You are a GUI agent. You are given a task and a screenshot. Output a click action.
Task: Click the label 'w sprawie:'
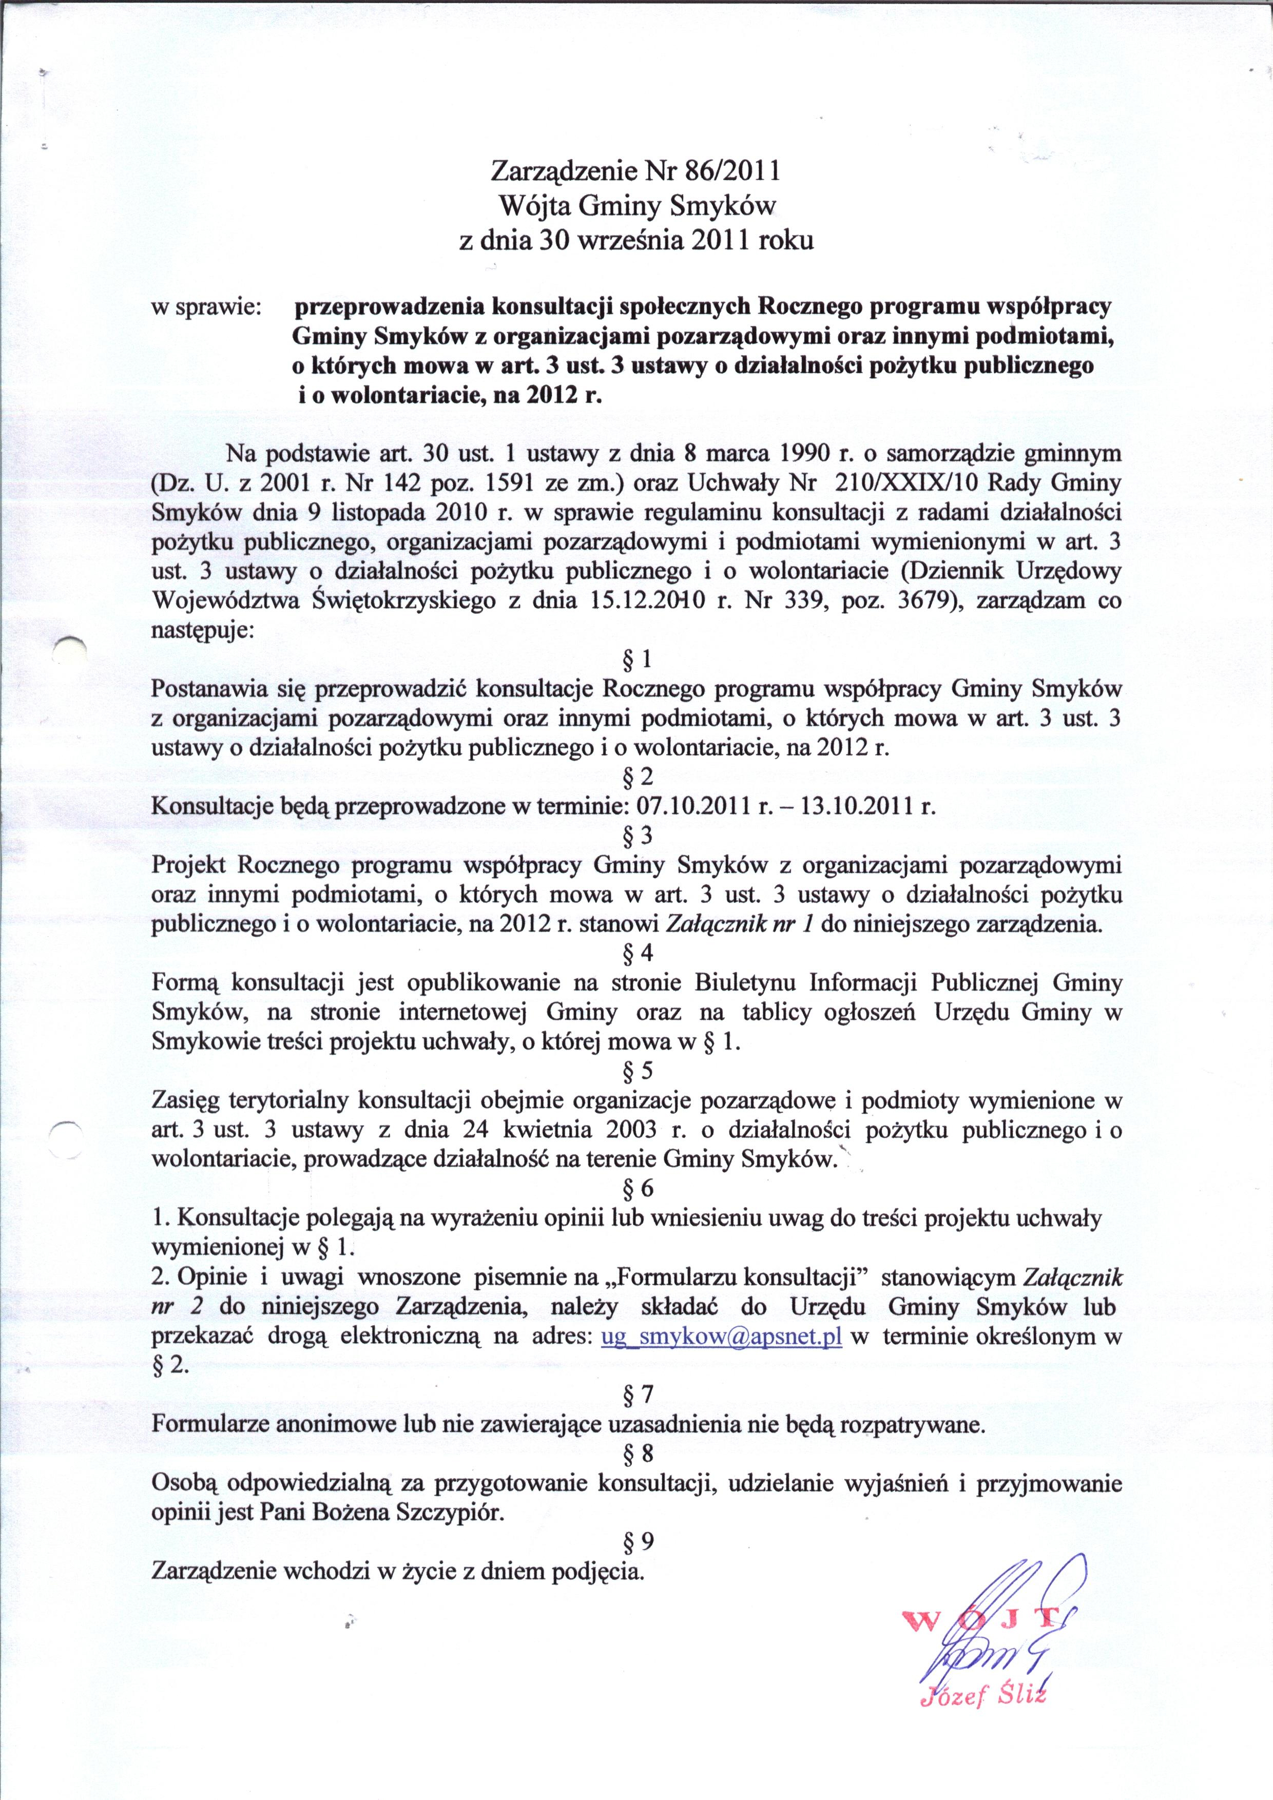pos(206,306)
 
